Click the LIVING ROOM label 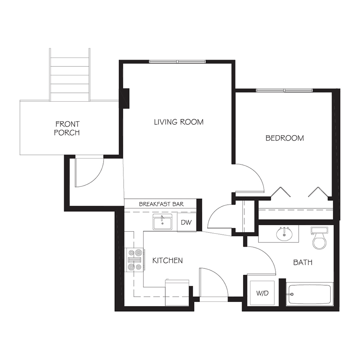(x=179, y=122)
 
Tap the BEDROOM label (x=285, y=138)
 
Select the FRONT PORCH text (x=67, y=128)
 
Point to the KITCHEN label (x=168, y=260)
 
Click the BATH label (x=303, y=262)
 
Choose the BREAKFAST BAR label (x=161, y=204)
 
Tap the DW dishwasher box (x=187, y=222)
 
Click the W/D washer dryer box (x=262, y=293)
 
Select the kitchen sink (x=162, y=222)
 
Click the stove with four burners (x=135, y=260)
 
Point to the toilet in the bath (x=319, y=238)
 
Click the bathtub (x=309, y=294)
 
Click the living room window (x=178, y=62)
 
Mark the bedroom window (x=284, y=90)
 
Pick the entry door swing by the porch (x=97, y=179)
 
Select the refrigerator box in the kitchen (x=177, y=293)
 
